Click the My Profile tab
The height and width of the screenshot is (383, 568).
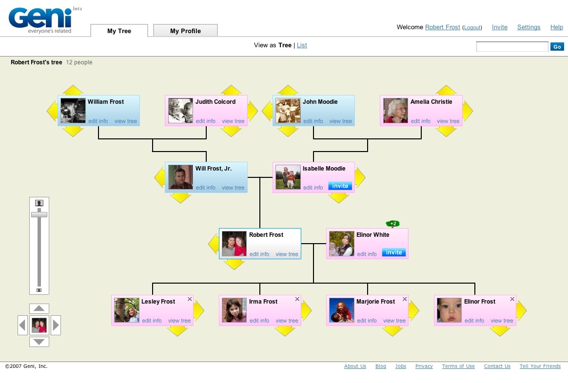[185, 31]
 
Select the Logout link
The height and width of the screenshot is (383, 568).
[472, 28]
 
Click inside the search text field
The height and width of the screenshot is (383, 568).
[512, 47]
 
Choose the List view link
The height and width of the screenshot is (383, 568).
[302, 45]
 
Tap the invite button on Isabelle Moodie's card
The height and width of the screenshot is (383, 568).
[340, 186]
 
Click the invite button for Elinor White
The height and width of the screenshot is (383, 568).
[393, 252]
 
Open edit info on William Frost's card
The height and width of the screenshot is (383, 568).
[98, 121]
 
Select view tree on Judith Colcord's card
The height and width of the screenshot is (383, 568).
[233, 121]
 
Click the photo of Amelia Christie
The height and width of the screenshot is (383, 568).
[395, 111]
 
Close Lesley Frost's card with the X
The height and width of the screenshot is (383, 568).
[190, 299]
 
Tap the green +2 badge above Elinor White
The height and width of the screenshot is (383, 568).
[393, 224]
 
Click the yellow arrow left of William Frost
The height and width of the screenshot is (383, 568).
[52, 111]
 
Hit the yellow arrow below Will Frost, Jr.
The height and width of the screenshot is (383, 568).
[180, 198]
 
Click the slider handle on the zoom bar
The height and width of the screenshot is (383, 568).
[39, 214]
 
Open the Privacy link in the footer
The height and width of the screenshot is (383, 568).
[424, 366]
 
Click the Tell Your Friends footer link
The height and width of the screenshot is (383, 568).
[540, 366]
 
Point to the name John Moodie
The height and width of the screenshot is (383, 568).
[320, 102]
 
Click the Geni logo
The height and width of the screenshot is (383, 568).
[40, 19]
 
